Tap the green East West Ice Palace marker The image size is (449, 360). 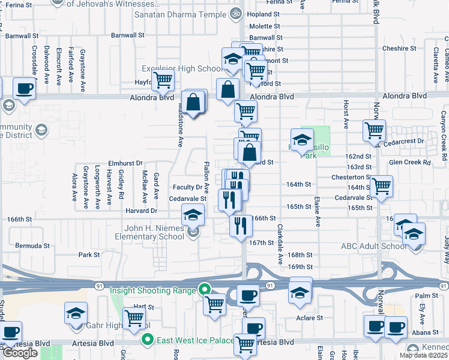(146, 340)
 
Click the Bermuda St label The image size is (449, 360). (33, 246)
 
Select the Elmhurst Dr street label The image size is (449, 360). (125, 163)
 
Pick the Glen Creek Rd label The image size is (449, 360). (410, 162)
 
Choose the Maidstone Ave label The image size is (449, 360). (179, 124)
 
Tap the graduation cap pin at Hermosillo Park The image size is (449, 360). (302, 139)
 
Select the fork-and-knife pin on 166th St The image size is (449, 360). (240, 226)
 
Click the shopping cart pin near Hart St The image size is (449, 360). (134, 317)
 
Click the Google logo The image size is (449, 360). (20, 353)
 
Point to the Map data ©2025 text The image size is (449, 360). (423, 355)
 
